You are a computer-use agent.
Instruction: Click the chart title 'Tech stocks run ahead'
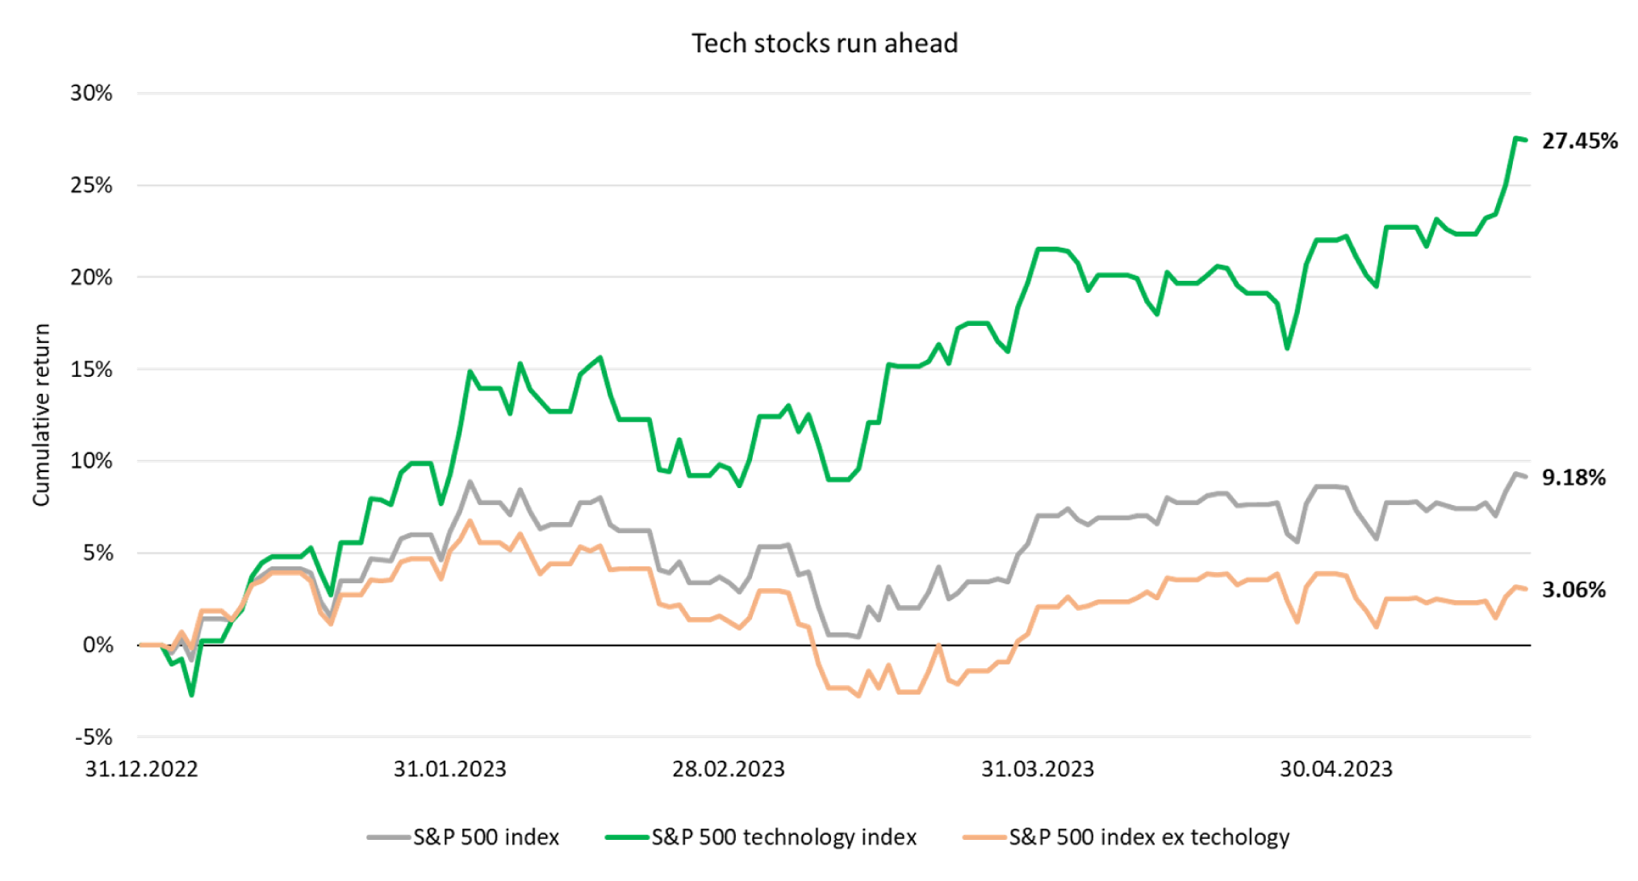(825, 44)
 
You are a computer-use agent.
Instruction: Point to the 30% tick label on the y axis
(91, 94)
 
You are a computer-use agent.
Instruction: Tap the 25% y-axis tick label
(91, 186)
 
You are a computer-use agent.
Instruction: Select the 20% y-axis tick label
(91, 278)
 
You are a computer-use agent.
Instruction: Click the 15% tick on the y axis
(91, 370)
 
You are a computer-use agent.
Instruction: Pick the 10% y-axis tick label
(91, 461)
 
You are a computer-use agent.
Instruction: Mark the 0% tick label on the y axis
(98, 645)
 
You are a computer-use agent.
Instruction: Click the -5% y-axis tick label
(94, 737)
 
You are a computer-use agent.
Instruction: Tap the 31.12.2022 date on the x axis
(142, 769)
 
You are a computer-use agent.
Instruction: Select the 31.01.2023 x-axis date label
(449, 769)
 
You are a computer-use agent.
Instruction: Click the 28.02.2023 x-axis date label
(729, 769)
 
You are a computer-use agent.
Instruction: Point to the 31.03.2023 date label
(1038, 769)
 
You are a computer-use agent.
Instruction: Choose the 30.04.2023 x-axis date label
(1336, 769)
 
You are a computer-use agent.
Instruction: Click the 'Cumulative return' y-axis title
(41, 415)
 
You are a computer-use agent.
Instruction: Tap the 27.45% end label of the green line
(1580, 141)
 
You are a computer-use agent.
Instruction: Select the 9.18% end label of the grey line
(1573, 478)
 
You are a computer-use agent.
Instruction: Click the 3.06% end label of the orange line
(1573, 590)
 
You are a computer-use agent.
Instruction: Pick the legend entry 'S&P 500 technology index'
(783, 837)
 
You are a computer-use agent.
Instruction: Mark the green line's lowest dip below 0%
(191, 695)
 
